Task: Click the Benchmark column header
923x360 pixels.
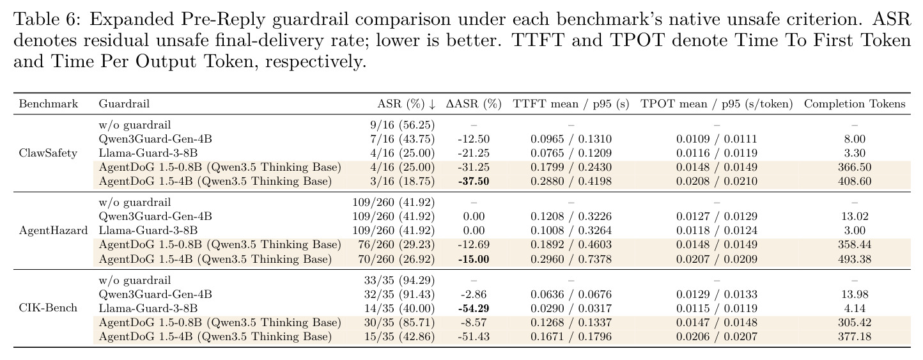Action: click(x=48, y=104)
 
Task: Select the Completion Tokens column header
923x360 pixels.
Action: click(x=855, y=104)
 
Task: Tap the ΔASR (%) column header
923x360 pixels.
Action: click(x=474, y=104)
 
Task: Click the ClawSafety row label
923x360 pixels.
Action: click(x=48, y=153)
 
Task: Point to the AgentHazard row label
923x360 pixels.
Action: click(x=54, y=231)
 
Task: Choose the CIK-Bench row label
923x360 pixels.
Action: click(x=48, y=308)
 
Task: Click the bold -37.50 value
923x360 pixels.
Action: click(x=474, y=182)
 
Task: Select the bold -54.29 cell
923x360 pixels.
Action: click(x=474, y=308)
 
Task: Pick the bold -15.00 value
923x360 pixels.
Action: click(x=474, y=260)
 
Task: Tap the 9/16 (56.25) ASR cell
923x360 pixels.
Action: click(x=402, y=125)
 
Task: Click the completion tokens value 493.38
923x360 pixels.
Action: click(x=855, y=260)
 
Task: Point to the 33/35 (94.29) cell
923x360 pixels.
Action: click(x=399, y=281)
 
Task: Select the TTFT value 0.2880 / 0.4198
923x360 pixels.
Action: click(x=571, y=182)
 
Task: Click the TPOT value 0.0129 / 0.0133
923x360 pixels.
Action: click(x=717, y=294)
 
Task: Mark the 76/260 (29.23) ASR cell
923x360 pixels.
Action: click(x=396, y=245)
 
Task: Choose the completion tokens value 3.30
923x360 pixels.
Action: click(x=855, y=153)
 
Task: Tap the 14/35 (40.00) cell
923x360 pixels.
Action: click(x=399, y=308)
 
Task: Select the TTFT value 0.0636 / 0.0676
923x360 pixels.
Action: click(x=571, y=294)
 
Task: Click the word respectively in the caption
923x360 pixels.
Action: click(x=316, y=62)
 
